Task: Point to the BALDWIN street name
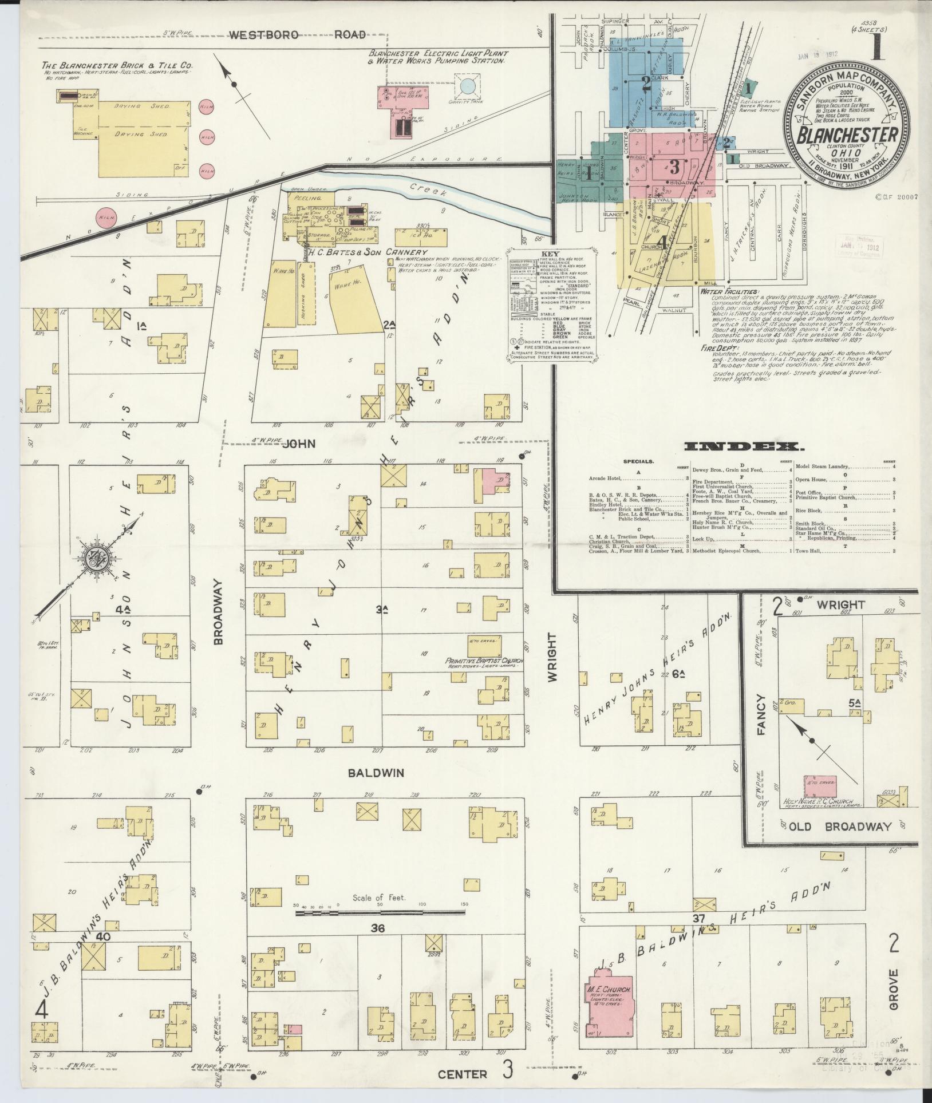click(x=376, y=773)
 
